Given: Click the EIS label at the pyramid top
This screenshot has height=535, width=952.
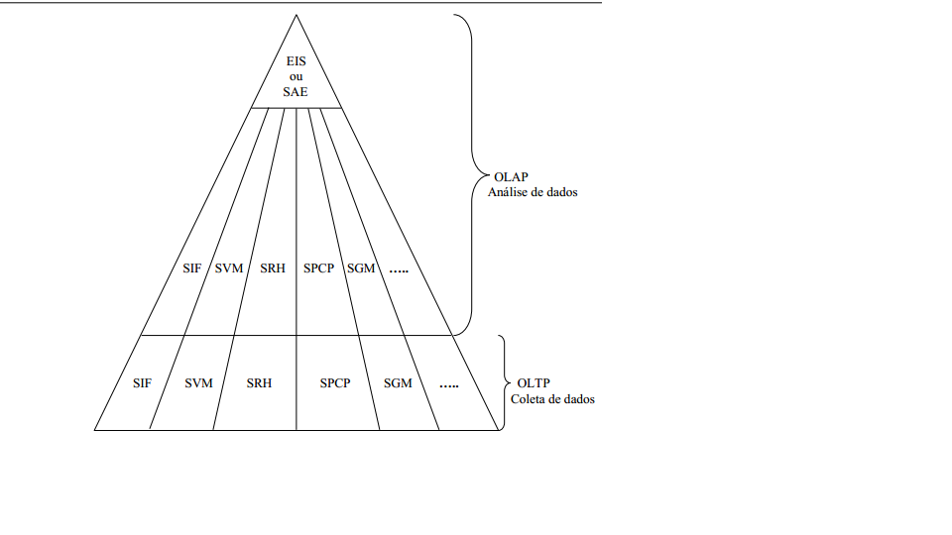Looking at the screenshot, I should coord(296,61).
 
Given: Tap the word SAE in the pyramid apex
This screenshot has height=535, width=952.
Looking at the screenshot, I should coord(296,92).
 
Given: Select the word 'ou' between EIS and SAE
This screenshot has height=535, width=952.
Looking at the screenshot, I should coord(296,77).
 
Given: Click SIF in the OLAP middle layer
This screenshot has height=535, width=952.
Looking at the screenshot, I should coord(193,268).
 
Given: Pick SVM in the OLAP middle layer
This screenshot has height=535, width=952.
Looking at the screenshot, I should coord(229,268).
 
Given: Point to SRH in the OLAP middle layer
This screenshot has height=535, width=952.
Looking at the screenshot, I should coord(273,268).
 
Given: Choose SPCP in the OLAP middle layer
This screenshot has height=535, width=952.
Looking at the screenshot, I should coord(319,268).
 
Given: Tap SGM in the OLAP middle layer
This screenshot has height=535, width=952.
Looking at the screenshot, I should coord(361,268).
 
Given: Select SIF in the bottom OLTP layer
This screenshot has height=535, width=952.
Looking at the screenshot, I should coord(142,383).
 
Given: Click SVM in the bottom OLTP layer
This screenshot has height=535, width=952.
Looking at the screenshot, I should coord(198,383).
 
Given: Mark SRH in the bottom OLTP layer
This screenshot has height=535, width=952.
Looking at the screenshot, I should coord(259,383).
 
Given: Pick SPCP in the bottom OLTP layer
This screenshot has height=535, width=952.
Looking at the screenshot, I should coord(335,383).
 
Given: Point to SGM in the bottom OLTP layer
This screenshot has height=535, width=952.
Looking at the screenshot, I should coord(398,383).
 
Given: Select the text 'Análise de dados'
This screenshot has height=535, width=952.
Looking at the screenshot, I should coord(533,192).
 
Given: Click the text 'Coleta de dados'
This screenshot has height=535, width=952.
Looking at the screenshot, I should coord(553,399).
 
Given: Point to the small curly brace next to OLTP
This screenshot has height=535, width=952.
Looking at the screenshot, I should coord(503,383).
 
